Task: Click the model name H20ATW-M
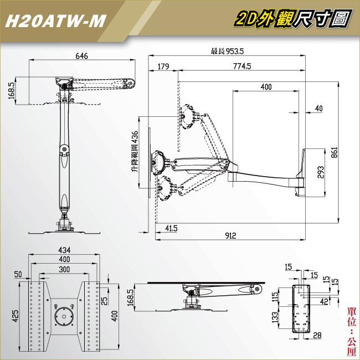tap(54, 20)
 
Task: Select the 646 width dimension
tap(82, 56)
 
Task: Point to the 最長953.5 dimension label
tap(227, 52)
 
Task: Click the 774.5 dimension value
tap(241, 66)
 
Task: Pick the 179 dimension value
tap(163, 66)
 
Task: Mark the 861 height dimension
tap(334, 152)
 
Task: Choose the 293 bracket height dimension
tap(321, 173)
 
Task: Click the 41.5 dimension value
tap(171, 228)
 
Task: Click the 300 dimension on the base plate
tap(65, 269)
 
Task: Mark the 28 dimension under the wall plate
tap(318, 335)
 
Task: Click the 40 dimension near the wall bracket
tap(318, 109)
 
